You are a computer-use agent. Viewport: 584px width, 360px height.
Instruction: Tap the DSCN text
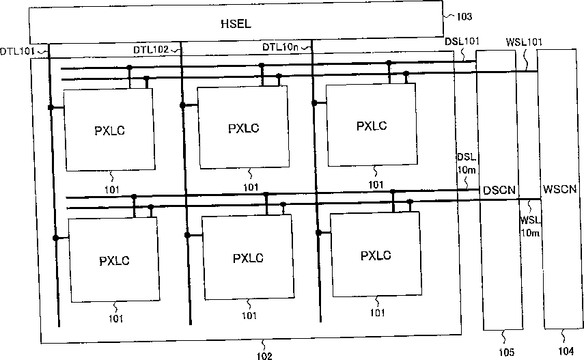point(499,189)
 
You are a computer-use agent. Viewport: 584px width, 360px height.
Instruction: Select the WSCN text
point(560,187)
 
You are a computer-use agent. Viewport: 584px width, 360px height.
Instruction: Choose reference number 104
point(561,351)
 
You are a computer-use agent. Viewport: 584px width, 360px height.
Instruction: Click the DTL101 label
point(17,51)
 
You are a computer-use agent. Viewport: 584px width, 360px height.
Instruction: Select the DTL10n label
point(280,46)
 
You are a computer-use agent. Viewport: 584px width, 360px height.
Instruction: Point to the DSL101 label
point(462,41)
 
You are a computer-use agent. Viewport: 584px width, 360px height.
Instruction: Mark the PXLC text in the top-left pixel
point(112,130)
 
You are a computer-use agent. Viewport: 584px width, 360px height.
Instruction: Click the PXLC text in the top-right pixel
point(372,126)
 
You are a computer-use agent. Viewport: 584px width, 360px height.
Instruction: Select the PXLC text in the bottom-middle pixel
point(247,258)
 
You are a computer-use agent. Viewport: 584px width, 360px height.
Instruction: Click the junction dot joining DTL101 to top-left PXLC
point(50,107)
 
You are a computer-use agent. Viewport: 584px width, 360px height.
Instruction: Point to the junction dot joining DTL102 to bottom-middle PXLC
point(186,234)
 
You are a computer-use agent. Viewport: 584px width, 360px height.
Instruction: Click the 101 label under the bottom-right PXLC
point(376,312)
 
